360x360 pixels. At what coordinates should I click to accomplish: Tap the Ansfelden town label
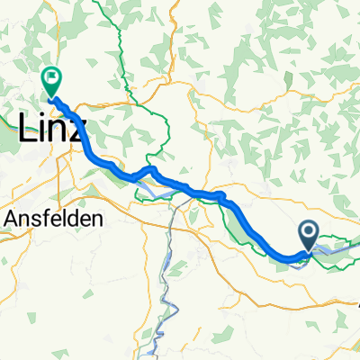point(54,218)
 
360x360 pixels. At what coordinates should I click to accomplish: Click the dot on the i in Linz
point(41,119)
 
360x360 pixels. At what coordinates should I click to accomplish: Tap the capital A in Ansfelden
point(11,218)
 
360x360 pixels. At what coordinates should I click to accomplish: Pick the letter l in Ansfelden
point(65,218)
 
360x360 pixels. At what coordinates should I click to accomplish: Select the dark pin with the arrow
point(308,237)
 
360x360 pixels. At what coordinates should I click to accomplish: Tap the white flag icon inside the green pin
point(50,77)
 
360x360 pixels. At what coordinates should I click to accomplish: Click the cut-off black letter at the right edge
point(357,306)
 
